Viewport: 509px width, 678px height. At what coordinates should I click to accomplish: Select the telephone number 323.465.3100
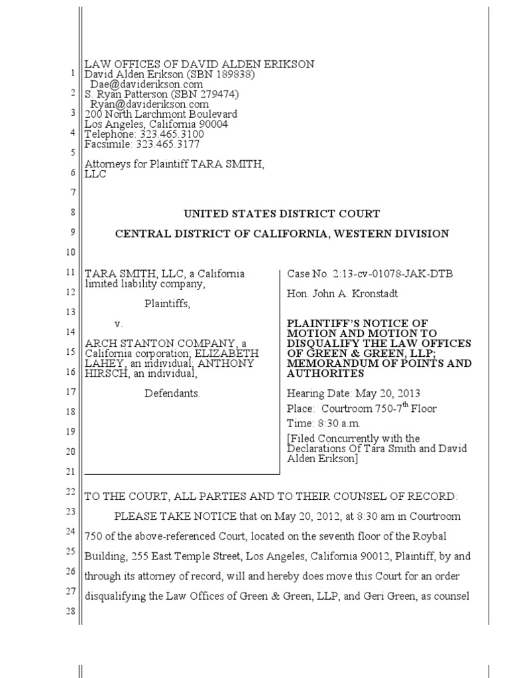click(166, 134)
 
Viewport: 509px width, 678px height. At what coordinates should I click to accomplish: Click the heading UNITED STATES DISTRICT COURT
click(282, 214)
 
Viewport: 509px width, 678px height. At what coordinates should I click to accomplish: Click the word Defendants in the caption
click(172, 393)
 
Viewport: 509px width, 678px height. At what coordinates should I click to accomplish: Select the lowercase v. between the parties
click(119, 324)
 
